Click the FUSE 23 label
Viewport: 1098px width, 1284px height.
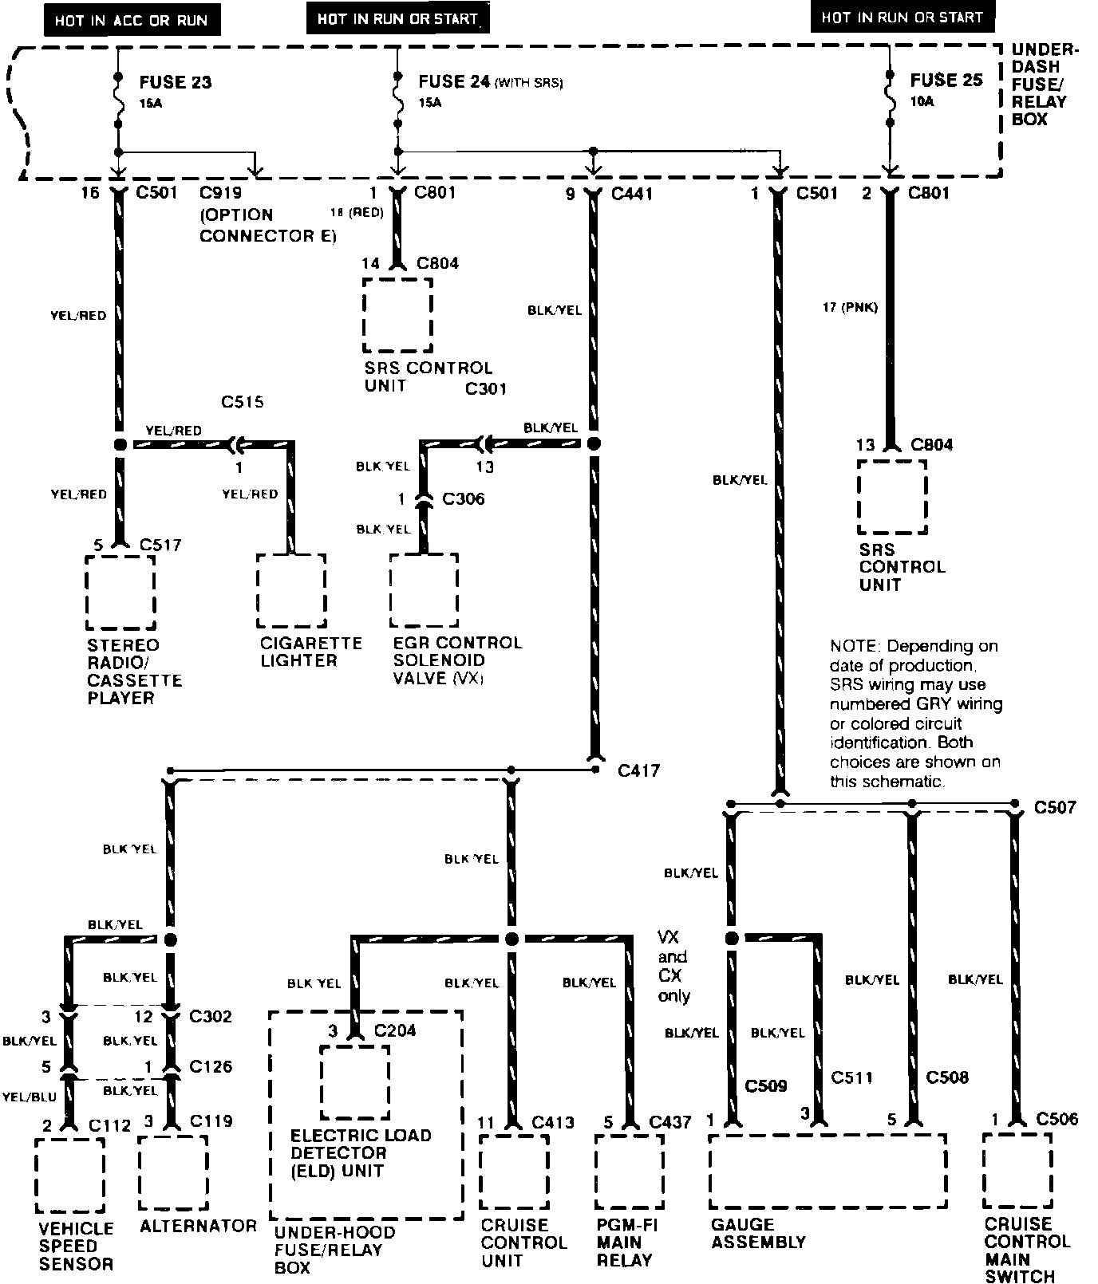(175, 82)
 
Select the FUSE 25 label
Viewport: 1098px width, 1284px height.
(946, 81)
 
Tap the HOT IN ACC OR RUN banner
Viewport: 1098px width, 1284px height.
(131, 21)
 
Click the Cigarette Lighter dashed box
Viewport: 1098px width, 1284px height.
(291, 591)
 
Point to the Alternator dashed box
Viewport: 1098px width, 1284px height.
(173, 1173)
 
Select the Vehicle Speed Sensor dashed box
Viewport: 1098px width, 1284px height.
(70, 1175)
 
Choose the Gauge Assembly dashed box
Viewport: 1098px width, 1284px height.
(827, 1171)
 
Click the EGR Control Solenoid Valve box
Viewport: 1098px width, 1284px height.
(424, 591)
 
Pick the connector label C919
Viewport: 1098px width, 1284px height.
(220, 194)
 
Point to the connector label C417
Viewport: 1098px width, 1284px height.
(638, 771)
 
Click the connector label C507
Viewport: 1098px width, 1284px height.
(1055, 807)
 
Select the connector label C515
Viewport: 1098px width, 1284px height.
(243, 403)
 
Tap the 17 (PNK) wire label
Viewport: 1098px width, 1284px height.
(850, 307)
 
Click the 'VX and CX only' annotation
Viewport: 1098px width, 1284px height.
(673, 966)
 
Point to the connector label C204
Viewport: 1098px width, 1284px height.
(395, 1030)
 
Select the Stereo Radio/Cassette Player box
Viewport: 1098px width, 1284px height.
(120, 593)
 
